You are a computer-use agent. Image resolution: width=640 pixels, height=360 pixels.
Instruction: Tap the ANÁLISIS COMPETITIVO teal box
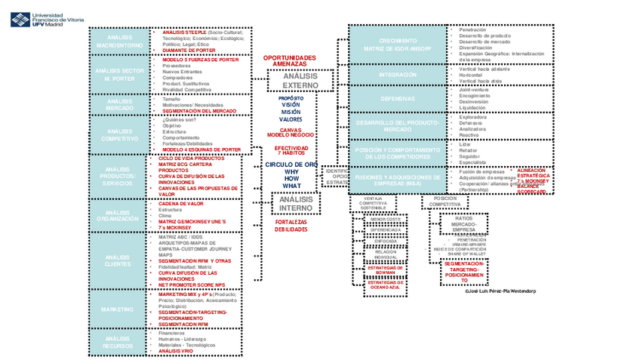(x=119, y=134)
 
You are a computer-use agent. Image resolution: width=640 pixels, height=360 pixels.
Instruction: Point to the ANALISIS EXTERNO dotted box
(x=300, y=81)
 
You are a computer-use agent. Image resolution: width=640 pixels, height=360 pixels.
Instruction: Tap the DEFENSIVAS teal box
(x=398, y=99)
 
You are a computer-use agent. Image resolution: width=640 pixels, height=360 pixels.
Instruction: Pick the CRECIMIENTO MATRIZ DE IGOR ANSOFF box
(x=398, y=45)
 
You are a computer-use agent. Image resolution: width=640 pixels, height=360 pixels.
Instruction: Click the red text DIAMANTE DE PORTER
(x=189, y=51)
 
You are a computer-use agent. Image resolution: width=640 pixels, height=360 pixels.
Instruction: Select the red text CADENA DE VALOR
(x=180, y=203)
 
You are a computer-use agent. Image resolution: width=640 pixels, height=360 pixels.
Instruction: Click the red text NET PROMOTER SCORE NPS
(x=192, y=284)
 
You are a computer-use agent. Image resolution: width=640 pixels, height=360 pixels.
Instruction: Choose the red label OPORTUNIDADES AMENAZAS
(x=290, y=61)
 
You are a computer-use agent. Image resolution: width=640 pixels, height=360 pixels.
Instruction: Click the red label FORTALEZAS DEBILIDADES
(x=291, y=226)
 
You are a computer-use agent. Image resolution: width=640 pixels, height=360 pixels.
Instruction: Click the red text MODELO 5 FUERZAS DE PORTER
(x=200, y=60)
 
